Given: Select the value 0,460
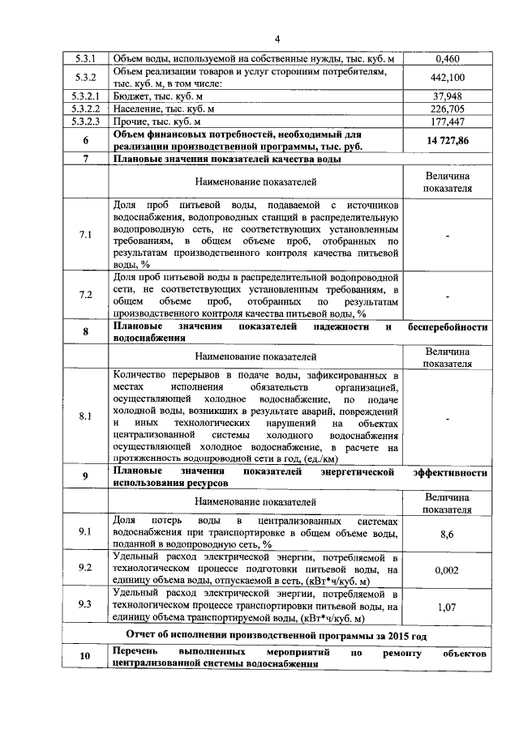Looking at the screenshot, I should tap(448, 59).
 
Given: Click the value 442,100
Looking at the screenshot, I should tap(448, 78).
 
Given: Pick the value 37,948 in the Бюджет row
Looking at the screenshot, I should tap(448, 96).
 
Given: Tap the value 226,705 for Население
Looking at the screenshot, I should tap(448, 109).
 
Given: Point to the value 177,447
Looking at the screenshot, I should tap(448, 121).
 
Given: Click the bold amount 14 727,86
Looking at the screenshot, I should tap(448, 140).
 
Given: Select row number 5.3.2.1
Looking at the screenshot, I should tap(86, 96).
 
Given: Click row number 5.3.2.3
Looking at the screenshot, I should tap(86, 121).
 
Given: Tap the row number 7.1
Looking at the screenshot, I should tap(86, 235).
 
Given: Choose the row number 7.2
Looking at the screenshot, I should tap(86, 296).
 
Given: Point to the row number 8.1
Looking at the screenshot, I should tap(86, 416).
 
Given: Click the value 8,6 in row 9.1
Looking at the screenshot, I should tap(448, 535).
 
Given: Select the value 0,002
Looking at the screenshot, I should tap(448, 569).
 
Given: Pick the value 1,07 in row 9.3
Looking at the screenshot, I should tap(448, 605).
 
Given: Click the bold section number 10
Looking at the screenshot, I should tap(86, 658).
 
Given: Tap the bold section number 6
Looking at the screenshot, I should tap(86, 140).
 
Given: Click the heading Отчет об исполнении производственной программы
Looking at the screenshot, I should tap(276, 634).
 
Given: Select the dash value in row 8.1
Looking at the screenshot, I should tap(448, 416).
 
